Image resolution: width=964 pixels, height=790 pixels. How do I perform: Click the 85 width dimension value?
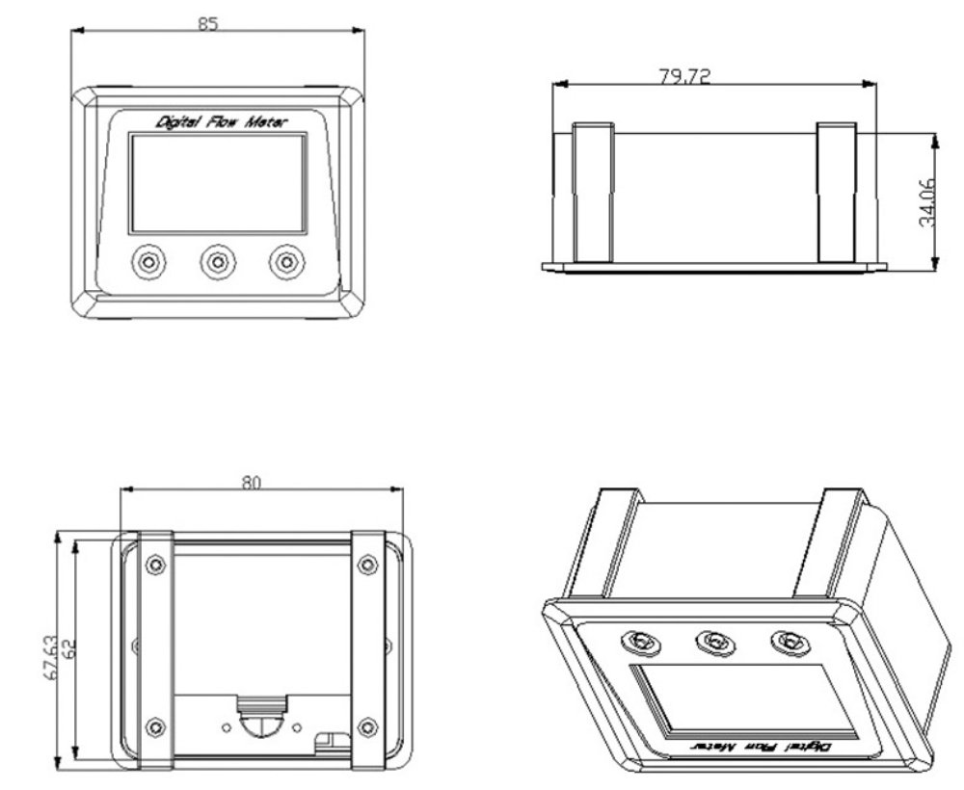click(x=208, y=23)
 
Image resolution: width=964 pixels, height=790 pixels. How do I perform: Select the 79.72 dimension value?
click(x=684, y=76)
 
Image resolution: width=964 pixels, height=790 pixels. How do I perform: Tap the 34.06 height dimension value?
click(x=926, y=202)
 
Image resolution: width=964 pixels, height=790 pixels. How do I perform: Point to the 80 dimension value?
click(x=251, y=483)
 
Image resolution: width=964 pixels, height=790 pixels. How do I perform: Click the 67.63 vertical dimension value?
click(x=51, y=657)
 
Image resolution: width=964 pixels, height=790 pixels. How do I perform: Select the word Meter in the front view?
click(x=266, y=121)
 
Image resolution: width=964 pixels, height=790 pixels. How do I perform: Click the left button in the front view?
click(x=148, y=262)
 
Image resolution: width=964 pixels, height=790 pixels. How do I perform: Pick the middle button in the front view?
click(x=218, y=262)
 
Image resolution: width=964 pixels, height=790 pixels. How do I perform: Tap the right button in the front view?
click(x=286, y=262)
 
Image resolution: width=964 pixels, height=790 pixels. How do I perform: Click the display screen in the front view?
click(x=218, y=183)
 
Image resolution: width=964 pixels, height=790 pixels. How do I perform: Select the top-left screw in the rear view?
click(x=155, y=564)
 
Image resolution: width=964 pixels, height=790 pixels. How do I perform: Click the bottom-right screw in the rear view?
click(x=367, y=727)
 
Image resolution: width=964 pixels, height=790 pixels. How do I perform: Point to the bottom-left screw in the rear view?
click(x=155, y=727)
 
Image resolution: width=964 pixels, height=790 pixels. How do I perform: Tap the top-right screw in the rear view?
click(x=367, y=564)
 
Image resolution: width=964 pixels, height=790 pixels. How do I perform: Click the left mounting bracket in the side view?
click(x=593, y=193)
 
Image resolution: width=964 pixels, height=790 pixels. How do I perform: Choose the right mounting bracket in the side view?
click(x=837, y=193)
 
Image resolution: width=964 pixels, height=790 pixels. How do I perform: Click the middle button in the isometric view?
click(x=715, y=643)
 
